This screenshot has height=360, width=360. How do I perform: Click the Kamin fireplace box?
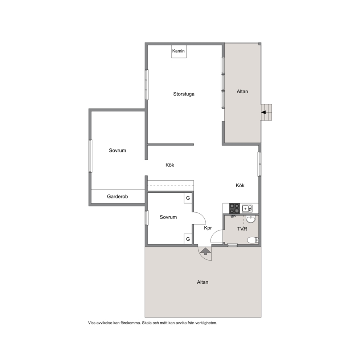pyautogui.click(x=179, y=52)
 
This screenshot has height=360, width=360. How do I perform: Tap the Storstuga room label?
pyautogui.click(x=184, y=94)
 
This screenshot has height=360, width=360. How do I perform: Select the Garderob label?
pyautogui.click(x=117, y=197)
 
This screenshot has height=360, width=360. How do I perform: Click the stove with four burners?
pyautogui.click(x=234, y=208)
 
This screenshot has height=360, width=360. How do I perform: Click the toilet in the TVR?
pyautogui.click(x=253, y=240)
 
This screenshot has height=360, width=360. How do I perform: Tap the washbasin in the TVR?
pyautogui.click(x=250, y=219)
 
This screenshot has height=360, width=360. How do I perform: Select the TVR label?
pyautogui.click(x=242, y=229)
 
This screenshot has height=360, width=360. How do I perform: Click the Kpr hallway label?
pyautogui.click(x=208, y=228)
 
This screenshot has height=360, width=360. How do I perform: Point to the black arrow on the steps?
pyautogui.click(x=263, y=112)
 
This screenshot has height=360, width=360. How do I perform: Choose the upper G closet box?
pyautogui.click(x=188, y=198)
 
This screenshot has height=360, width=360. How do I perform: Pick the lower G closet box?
pyautogui.click(x=188, y=239)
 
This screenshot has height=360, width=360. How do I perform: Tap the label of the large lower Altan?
pyautogui.click(x=202, y=282)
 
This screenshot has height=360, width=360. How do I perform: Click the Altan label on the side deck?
pyautogui.click(x=242, y=91)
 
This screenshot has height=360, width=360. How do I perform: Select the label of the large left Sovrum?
pyautogui.click(x=117, y=150)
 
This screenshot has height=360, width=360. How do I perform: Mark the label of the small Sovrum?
pyautogui.click(x=168, y=217)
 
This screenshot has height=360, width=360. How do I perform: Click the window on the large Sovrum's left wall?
pyautogui.click(x=90, y=156)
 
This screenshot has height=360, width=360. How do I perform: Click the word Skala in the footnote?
pyautogui.click(x=147, y=323)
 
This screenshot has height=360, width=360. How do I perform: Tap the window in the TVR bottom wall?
pyautogui.click(x=232, y=245)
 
